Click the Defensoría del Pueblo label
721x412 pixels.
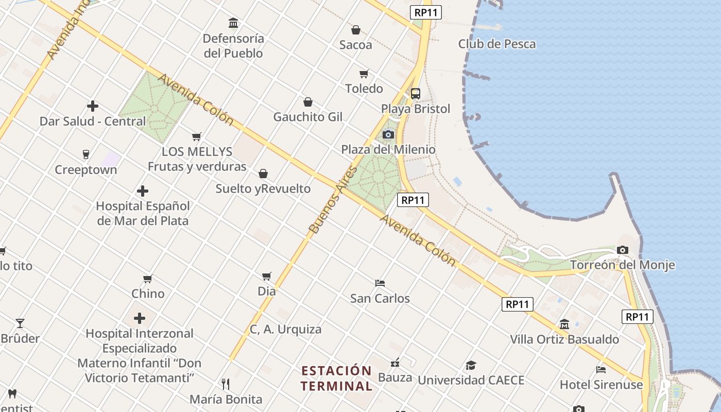(x=233, y=46)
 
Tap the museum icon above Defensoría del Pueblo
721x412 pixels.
(x=233, y=23)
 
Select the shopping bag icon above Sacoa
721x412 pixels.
(x=355, y=30)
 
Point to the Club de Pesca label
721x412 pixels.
(x=497, y=44)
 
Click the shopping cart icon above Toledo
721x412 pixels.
(x=364, y=74)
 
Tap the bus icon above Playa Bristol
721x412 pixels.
(x=416, y=94)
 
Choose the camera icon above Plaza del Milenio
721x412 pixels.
(x=388, y=135)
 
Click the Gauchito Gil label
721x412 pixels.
(x=307, y=117)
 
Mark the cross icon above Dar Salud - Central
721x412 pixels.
(x=93, y=107)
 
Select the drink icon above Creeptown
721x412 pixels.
(x=86, y=154)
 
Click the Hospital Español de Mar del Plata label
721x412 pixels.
(x=143, y=213)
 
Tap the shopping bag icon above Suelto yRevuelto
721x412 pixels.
(x=263, y=174)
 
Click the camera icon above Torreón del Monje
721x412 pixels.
(x=622, y=250)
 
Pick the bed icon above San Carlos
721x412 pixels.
(x=380, y=283)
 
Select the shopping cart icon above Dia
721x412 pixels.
(x=266, y=276)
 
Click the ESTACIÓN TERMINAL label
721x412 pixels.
(x=336, y=378)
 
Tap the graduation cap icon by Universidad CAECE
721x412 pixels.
(x=471, y=366)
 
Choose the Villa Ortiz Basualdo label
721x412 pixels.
(x=564, y=339)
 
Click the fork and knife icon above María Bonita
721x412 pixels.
(x=226, y=384)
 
